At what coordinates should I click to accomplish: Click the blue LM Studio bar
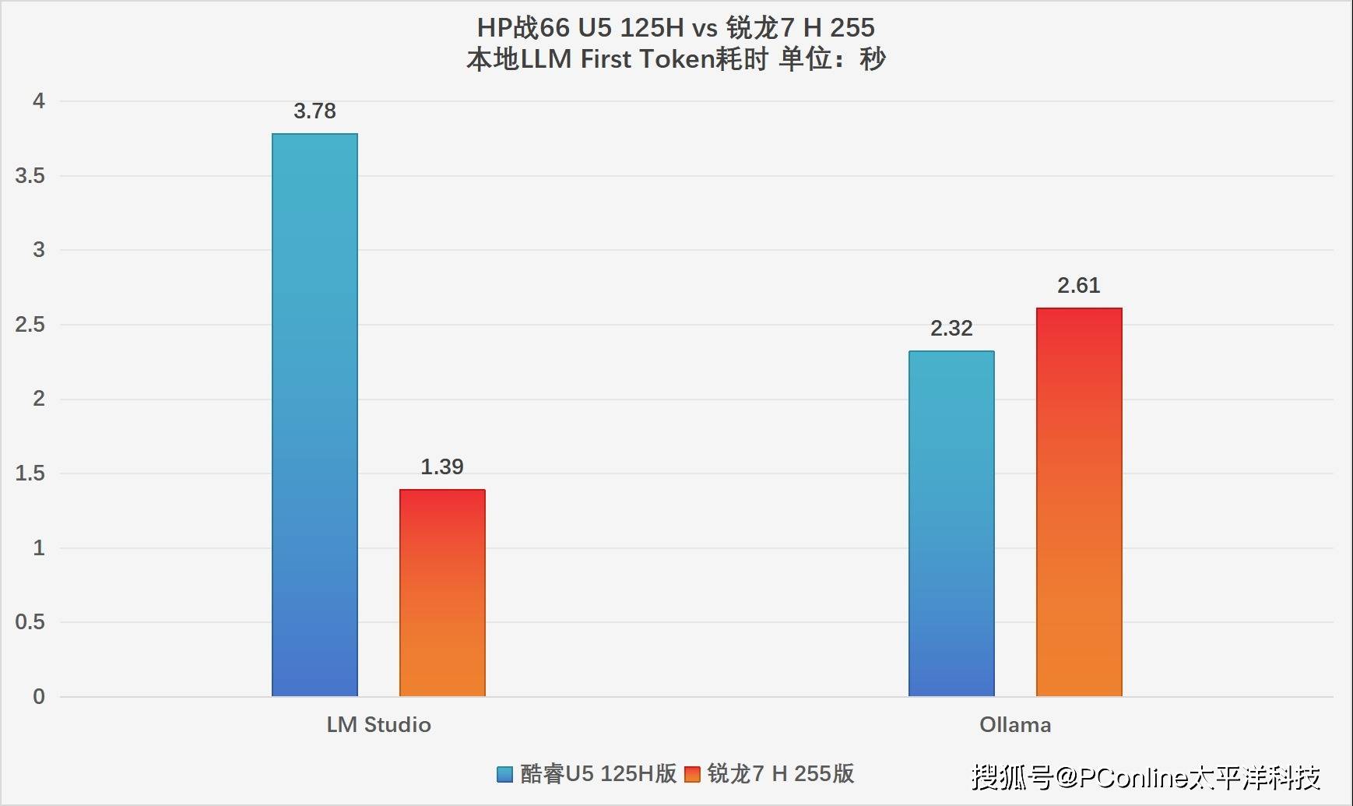pyautogui.click(x=315, y=415)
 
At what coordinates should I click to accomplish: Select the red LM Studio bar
pyautogui.click(x=442, y=593)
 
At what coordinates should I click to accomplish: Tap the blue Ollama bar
pyautogui.click(x=951, y=523)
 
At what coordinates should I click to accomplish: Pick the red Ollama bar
pyautogui.click(x=1079, y=502)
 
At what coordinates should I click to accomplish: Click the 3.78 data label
pyautogui.click(x=315, y=111)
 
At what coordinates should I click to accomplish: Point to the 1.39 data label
pyautogui.click(x=442, y=467)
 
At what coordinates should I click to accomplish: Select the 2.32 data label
pyautogui.click(x=951, y=329)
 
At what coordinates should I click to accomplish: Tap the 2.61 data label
pyautogui.click(x=1079, y=286)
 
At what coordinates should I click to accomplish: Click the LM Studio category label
pyautogui.click(x=378, y=725)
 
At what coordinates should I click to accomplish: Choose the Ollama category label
pyautogui.click(x=1015, y=725)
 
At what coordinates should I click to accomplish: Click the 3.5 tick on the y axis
pyautogui.click(x=30, y=176)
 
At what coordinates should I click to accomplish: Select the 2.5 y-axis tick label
pyautogui.click(x=30, y=325)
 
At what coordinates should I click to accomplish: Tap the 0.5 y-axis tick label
pyautogui.click(x=30, y=622)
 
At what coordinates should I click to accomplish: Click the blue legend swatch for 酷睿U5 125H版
pyautogui.click(x=504, y=774)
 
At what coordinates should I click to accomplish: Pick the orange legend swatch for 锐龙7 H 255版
pyautogui.click(x=692, y=774)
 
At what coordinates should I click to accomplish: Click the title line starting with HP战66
pyautogui.click(x=676, y=28)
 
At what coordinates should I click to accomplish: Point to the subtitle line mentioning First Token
pyautogui.click(x=676, y=59)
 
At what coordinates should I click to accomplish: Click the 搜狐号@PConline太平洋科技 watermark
pyautogui.click(x=1146, y=776)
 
